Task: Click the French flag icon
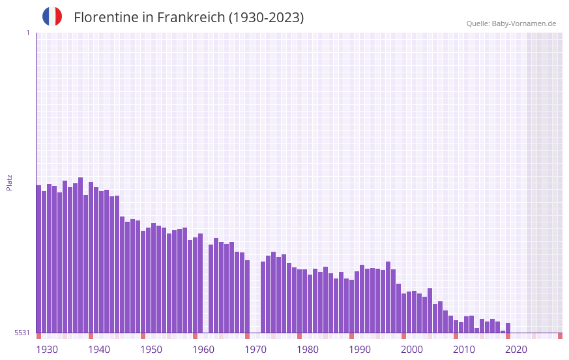click(52, 16)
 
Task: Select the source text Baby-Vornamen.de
click(523, 23)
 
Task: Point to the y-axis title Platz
click(9, 182)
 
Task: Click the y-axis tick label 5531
click(22, 333)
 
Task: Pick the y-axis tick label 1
click(27, 33)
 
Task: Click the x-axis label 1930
click(47, 350)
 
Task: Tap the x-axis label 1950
click(151, 350)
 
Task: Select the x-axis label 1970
click(255, 350)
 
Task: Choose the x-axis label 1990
click(360, 350)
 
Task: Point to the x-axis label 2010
click(464, 350)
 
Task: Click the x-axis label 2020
click(516, 350)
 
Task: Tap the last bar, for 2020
click(508, 328)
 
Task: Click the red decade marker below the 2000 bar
click(403, 336)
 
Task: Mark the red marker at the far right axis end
click(560, 336)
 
